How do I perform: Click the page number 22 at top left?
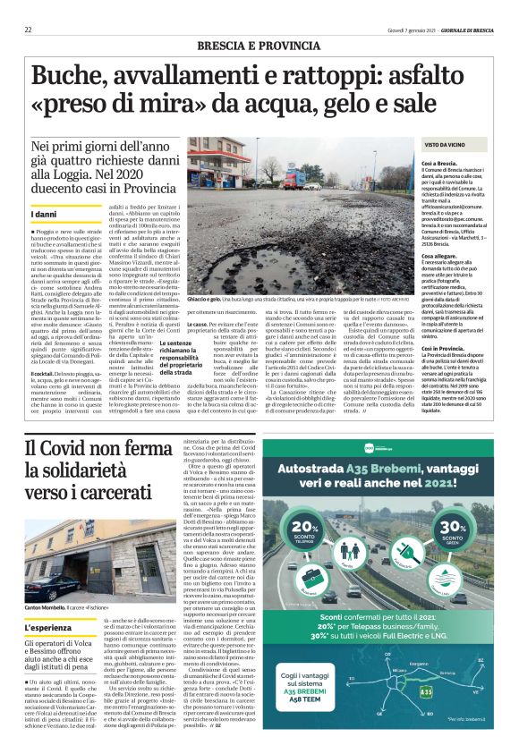tap(28, 30)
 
